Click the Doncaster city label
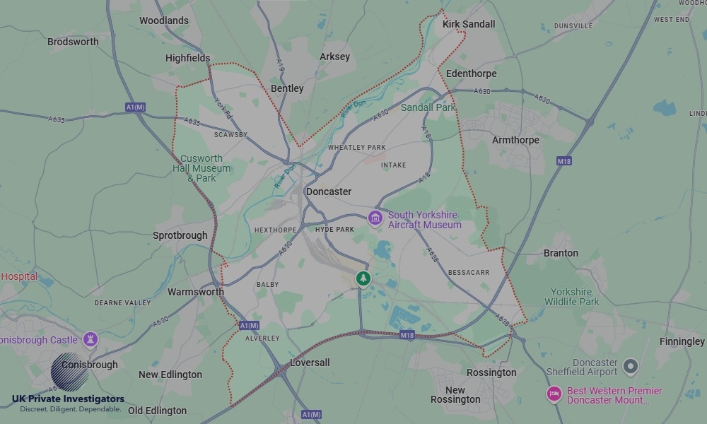(x=328, y=192)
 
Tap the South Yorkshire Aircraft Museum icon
(x=375, y=219)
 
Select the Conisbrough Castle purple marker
(x=90, y=340)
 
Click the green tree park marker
(x=363, y=278)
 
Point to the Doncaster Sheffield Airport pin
(x=630, y=367)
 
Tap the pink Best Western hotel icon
(x=554, y=394)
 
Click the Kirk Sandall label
(x=468, y=24)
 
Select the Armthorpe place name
(x=515, y=140)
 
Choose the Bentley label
(x=287, y=88)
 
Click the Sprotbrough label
(x=180, y=235)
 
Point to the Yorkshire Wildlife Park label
(x=571, y=297)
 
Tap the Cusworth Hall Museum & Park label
(x=201, y=168)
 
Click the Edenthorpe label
(x=472, y=73)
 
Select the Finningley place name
(x=682, y=341)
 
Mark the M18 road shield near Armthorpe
(x=563, y=161)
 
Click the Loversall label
(x=310, y=363)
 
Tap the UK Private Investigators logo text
(x=68, y=399)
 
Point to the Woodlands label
(x=164, y=20)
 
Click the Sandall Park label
(x=428, y=107)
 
